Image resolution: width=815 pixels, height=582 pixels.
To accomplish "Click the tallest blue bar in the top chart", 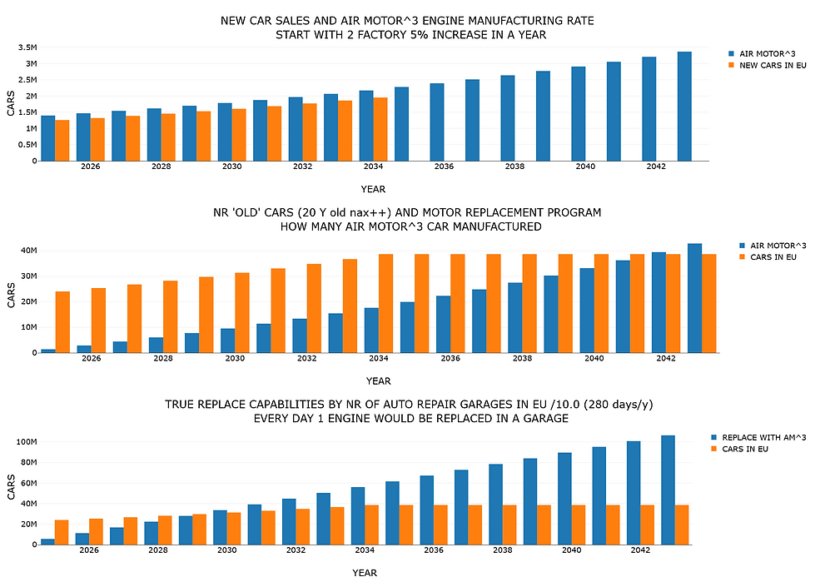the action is (x=684, y=106).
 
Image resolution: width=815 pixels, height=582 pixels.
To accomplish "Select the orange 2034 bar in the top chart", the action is (x=380, y=129).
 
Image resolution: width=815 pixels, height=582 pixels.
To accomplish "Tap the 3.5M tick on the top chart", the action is (x=27, y=47).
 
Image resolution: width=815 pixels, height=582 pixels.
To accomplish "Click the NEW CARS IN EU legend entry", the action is (x=768, y=66).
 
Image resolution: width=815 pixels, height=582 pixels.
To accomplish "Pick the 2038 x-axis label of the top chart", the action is (x=514, y=167).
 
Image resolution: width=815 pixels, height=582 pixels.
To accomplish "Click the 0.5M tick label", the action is (x=27, y=145).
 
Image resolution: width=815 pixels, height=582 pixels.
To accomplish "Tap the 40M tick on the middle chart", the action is (x=28, y=251).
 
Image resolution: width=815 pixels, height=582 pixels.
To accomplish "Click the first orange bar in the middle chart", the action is (x=63, y=322).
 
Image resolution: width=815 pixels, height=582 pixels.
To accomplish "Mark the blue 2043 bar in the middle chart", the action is (x=695, y=298).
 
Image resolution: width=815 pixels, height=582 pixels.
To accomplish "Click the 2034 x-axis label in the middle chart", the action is (x=379, y=358).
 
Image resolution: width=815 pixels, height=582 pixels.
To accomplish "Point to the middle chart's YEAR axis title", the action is (x=379, y=381).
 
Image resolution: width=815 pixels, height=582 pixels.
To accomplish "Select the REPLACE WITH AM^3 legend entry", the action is (x=758, y=437).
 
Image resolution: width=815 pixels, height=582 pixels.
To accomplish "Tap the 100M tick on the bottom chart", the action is (x=27, y=441).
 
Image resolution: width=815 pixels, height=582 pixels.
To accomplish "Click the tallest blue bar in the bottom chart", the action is (x=668, y=490).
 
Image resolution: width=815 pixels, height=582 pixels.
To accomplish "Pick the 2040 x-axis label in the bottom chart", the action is (x=571, y=550).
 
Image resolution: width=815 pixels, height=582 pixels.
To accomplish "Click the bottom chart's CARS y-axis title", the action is (x=11, y=487).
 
